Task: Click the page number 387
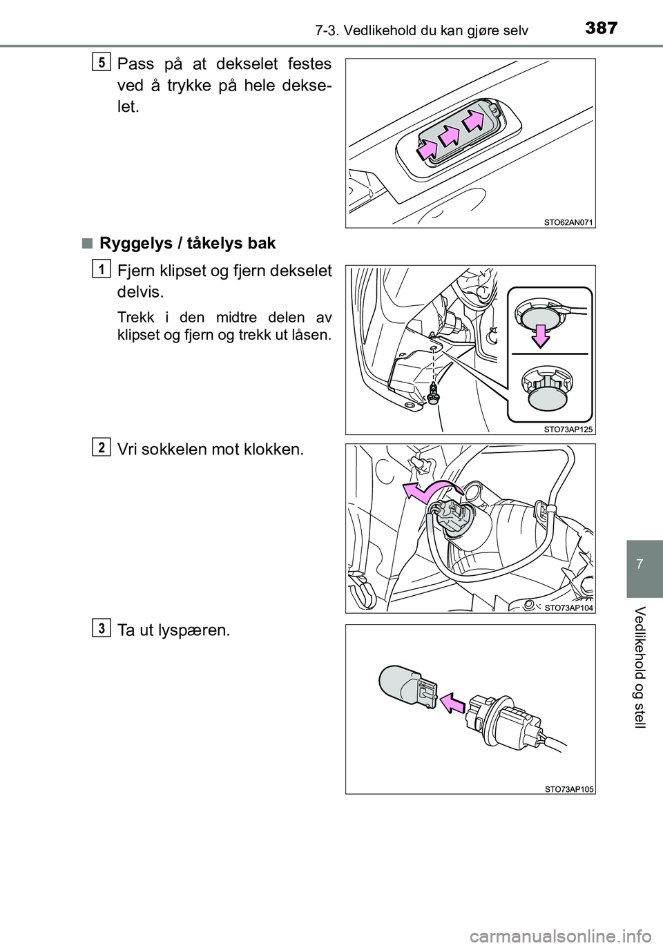click(x=602, y=28)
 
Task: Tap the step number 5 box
click(x=101, y=62)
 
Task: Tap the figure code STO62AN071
click(x=567, y=222)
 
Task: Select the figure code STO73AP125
click(x=567, y=428)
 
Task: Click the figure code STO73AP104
click(x=567, y=608)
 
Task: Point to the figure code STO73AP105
click(x=567, y=789)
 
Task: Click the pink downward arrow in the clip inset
click(x=541, y=333)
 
